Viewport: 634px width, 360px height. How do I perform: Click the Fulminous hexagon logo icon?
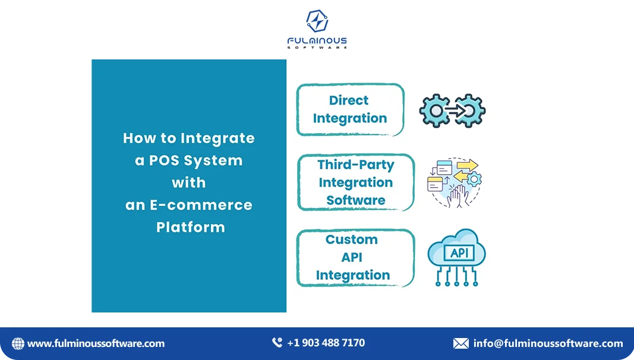[317, 22]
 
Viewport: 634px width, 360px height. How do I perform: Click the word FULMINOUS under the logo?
[317, 41]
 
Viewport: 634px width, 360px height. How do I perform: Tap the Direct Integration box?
[350, 109]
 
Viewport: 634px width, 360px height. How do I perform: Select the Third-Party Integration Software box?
[355, 182]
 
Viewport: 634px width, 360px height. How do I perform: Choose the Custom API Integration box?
[355, 257]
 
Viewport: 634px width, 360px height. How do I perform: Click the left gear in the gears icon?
[435, 110]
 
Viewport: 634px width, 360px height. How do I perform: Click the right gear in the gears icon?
[470, 110]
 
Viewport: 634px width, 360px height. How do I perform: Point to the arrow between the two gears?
[453, 110]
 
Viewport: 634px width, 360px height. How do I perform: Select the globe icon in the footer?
[18, 343]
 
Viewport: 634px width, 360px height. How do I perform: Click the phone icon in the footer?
[277, 343]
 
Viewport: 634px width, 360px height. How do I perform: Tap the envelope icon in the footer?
[460, 343]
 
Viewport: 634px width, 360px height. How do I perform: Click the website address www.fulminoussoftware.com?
[96, 343]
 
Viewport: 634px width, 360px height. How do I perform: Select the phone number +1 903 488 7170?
[326, 343]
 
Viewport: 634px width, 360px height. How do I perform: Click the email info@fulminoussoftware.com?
[548, 343]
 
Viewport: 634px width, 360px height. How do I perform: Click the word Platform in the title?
[190, 227]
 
